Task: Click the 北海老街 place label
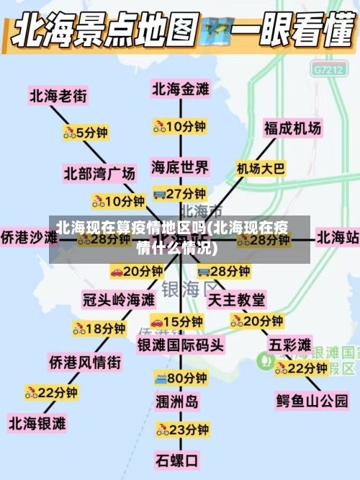(58, 94)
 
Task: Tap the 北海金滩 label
(180, 89)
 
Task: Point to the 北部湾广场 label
(99, 173)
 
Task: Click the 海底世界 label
(180, 167)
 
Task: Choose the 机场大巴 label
(261, 169)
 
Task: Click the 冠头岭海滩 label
(119, 298)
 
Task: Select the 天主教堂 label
(236, 298)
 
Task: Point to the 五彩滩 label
(290, 343)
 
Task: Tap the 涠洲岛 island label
(176, 401)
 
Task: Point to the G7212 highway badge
(328, 70)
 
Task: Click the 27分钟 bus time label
(180, 193)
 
